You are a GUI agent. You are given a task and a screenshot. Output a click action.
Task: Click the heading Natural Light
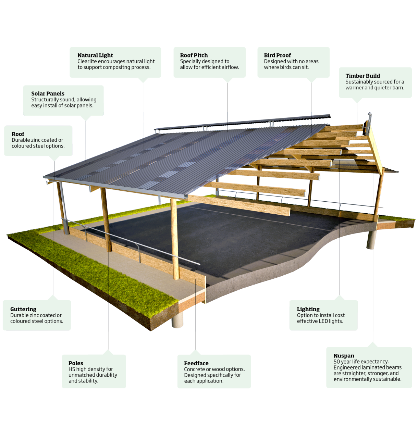[x=95, y=55]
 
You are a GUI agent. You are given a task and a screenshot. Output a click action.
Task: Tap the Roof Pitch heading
[x=194, y=55]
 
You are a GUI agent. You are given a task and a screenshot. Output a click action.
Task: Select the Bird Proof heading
[x=277, y=55]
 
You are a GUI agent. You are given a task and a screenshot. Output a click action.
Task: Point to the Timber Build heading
[x=362, y=76]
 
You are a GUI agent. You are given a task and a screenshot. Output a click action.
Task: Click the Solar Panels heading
[x=48, y=93]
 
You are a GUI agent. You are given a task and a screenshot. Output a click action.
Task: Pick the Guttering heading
[x=23, y=309]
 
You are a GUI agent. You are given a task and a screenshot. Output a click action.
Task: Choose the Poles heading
[x=76, y=363]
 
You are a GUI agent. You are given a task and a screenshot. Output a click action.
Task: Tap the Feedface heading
[x=196, y=363]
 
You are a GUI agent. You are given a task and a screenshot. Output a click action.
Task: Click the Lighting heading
[x=308, y=309]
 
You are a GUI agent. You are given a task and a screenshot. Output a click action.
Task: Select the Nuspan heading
[x=344, y=356]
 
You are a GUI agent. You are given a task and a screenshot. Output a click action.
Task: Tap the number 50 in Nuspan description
[x=337, y=362]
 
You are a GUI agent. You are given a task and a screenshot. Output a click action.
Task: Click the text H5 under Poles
[x=72, y=369]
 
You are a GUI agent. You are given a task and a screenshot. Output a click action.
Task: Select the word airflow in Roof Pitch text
[x=230, y=67]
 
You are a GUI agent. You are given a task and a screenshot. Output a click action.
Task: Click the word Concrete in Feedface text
[x=194, y=369]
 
